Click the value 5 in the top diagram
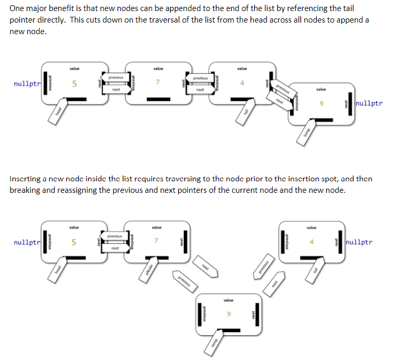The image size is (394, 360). click(x=74, y=84)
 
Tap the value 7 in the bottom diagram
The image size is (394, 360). click(x=156, y=241)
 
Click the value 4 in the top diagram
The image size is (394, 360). click(x=242, y=83)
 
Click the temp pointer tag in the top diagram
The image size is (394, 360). click(x=309, y=134)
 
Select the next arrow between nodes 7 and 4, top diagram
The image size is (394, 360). click(x=200, y=90)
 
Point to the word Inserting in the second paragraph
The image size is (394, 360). click(x=26, y=179)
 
